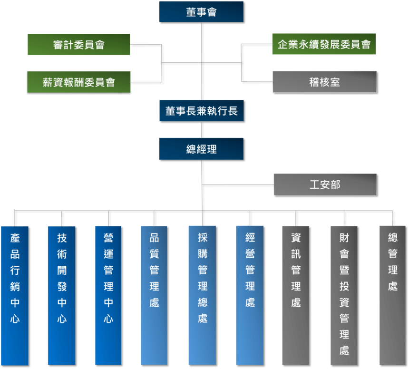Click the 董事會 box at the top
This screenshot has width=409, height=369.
coord(201,12)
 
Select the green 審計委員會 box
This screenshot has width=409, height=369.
coord(79,45)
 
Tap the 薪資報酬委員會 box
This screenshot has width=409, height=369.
coord(79,82)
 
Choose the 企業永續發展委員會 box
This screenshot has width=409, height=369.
coord(324,44)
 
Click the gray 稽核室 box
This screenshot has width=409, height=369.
coord(324,82)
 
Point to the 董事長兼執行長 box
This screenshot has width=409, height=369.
coord(201,111)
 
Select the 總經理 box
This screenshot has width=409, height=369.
coord(201,149)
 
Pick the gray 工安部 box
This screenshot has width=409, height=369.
coord(325,184)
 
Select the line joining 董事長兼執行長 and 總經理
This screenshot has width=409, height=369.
coord(202,130)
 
